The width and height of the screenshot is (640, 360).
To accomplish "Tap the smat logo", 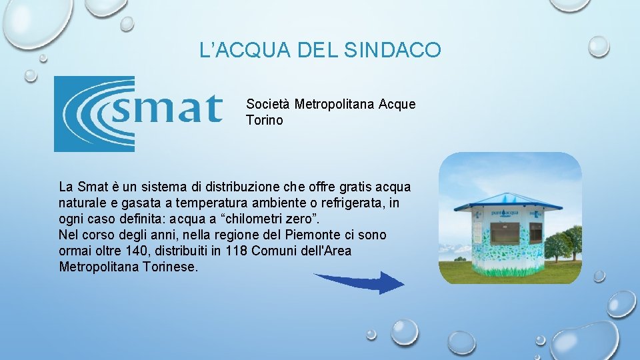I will pos(138,113).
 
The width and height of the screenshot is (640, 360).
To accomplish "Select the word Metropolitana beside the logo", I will pos(335,105).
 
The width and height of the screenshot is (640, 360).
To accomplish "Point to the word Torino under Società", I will pos(265,121).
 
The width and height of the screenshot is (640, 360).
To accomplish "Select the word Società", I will pos(269,105).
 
